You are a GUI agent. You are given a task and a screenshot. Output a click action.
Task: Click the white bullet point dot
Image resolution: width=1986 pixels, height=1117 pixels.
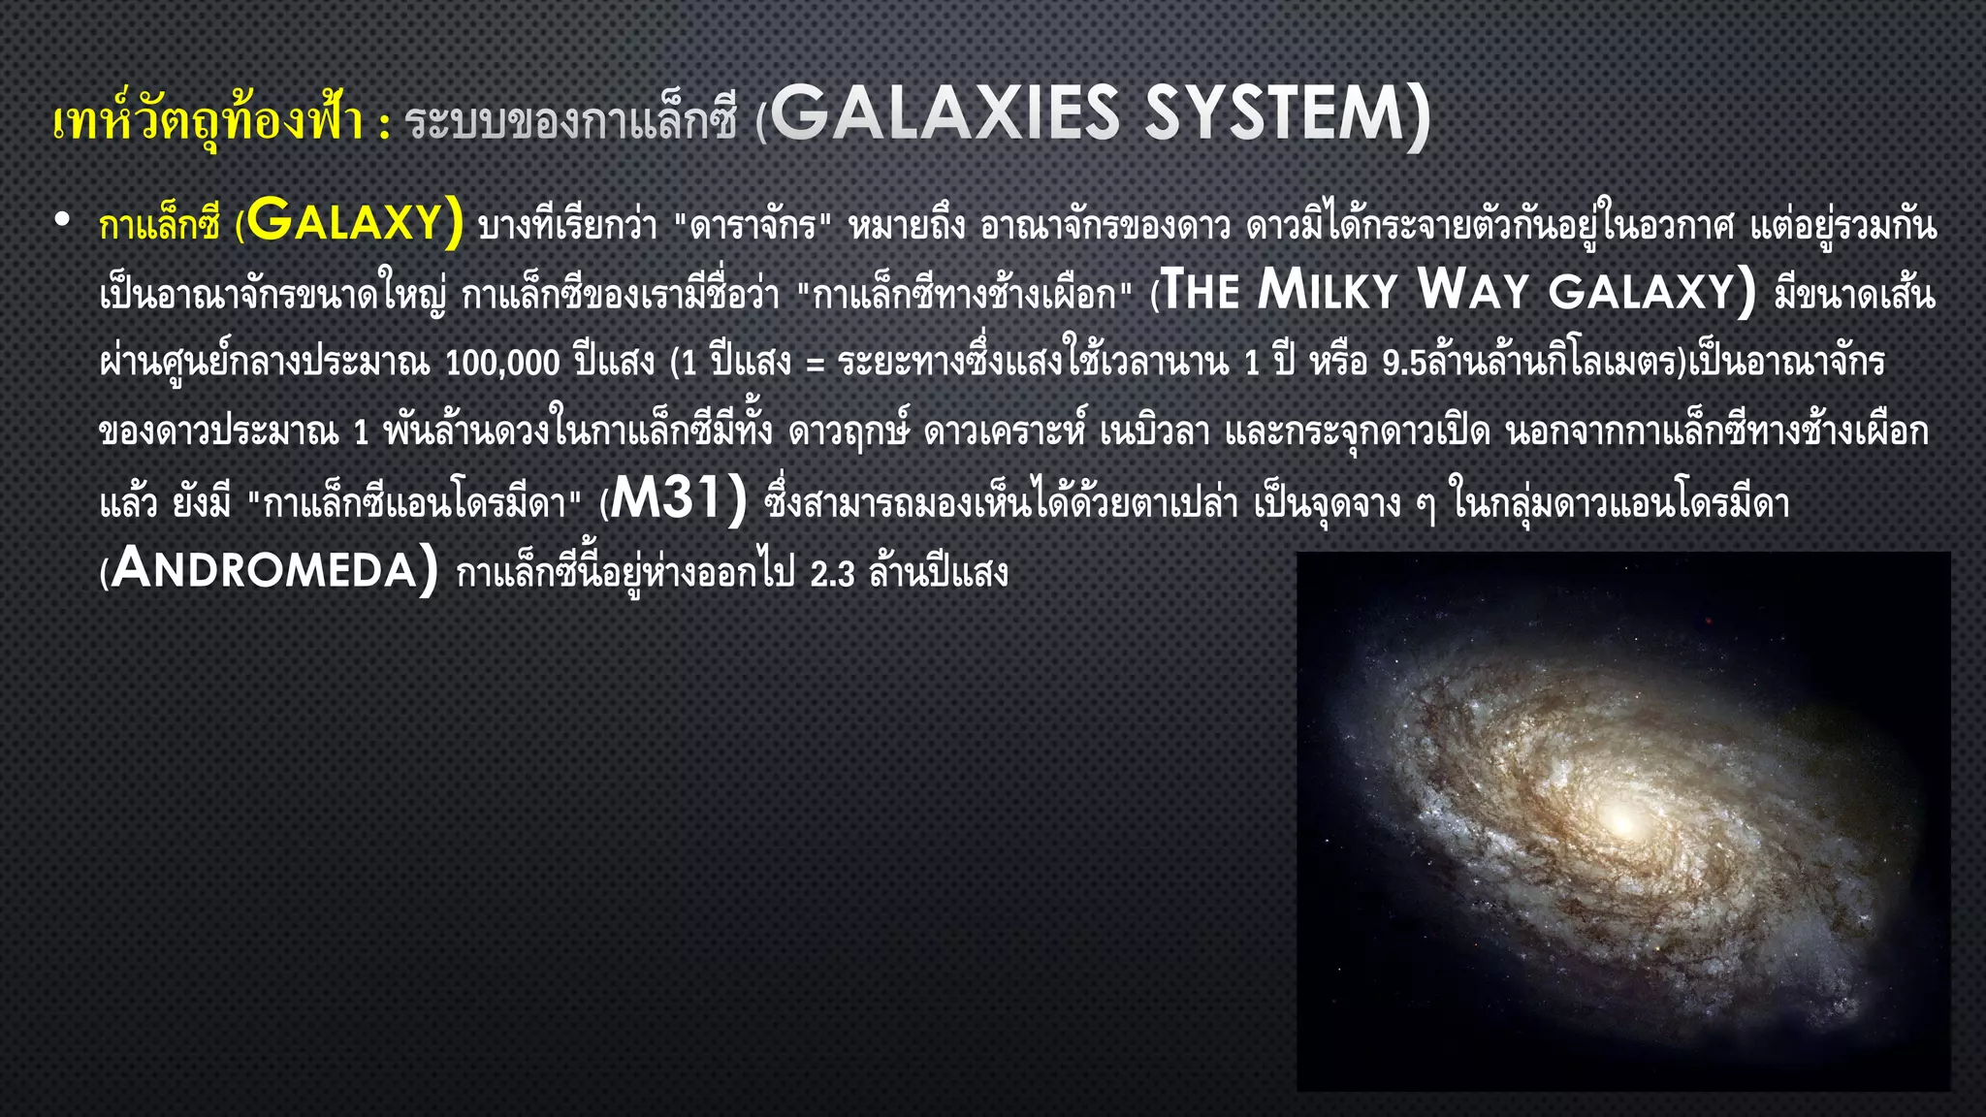[63, 221]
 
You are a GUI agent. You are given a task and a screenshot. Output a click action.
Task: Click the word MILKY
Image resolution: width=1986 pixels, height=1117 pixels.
[1327, 291]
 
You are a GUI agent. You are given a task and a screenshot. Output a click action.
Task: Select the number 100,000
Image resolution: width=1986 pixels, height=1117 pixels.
[502, 363]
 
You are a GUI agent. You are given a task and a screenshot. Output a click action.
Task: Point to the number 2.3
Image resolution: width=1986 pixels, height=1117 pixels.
[832, 574]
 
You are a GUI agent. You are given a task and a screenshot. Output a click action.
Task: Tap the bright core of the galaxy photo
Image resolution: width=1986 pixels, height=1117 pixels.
[1622, 823]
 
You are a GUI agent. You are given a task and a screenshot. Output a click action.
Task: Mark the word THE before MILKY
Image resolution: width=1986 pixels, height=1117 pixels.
[1201, 291]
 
